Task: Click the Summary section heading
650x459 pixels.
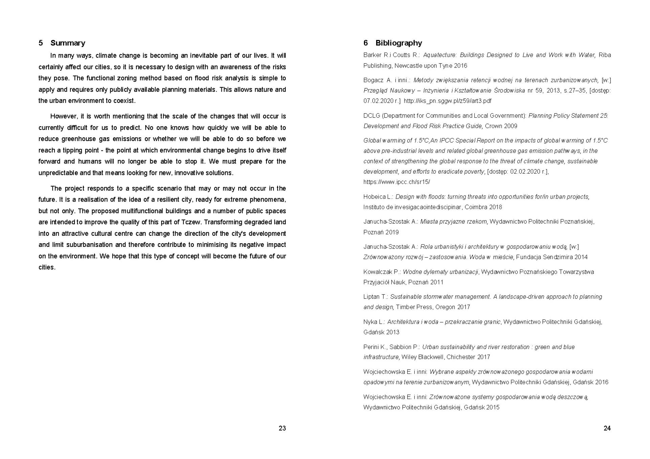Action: click(68, 43)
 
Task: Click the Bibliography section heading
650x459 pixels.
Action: click(398, 43)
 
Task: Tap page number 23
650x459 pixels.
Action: click(282, 428)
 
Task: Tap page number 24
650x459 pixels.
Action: click(607, 428)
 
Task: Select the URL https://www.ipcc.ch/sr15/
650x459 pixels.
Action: click(396, 182)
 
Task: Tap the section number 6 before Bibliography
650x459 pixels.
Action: click(366, 43)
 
